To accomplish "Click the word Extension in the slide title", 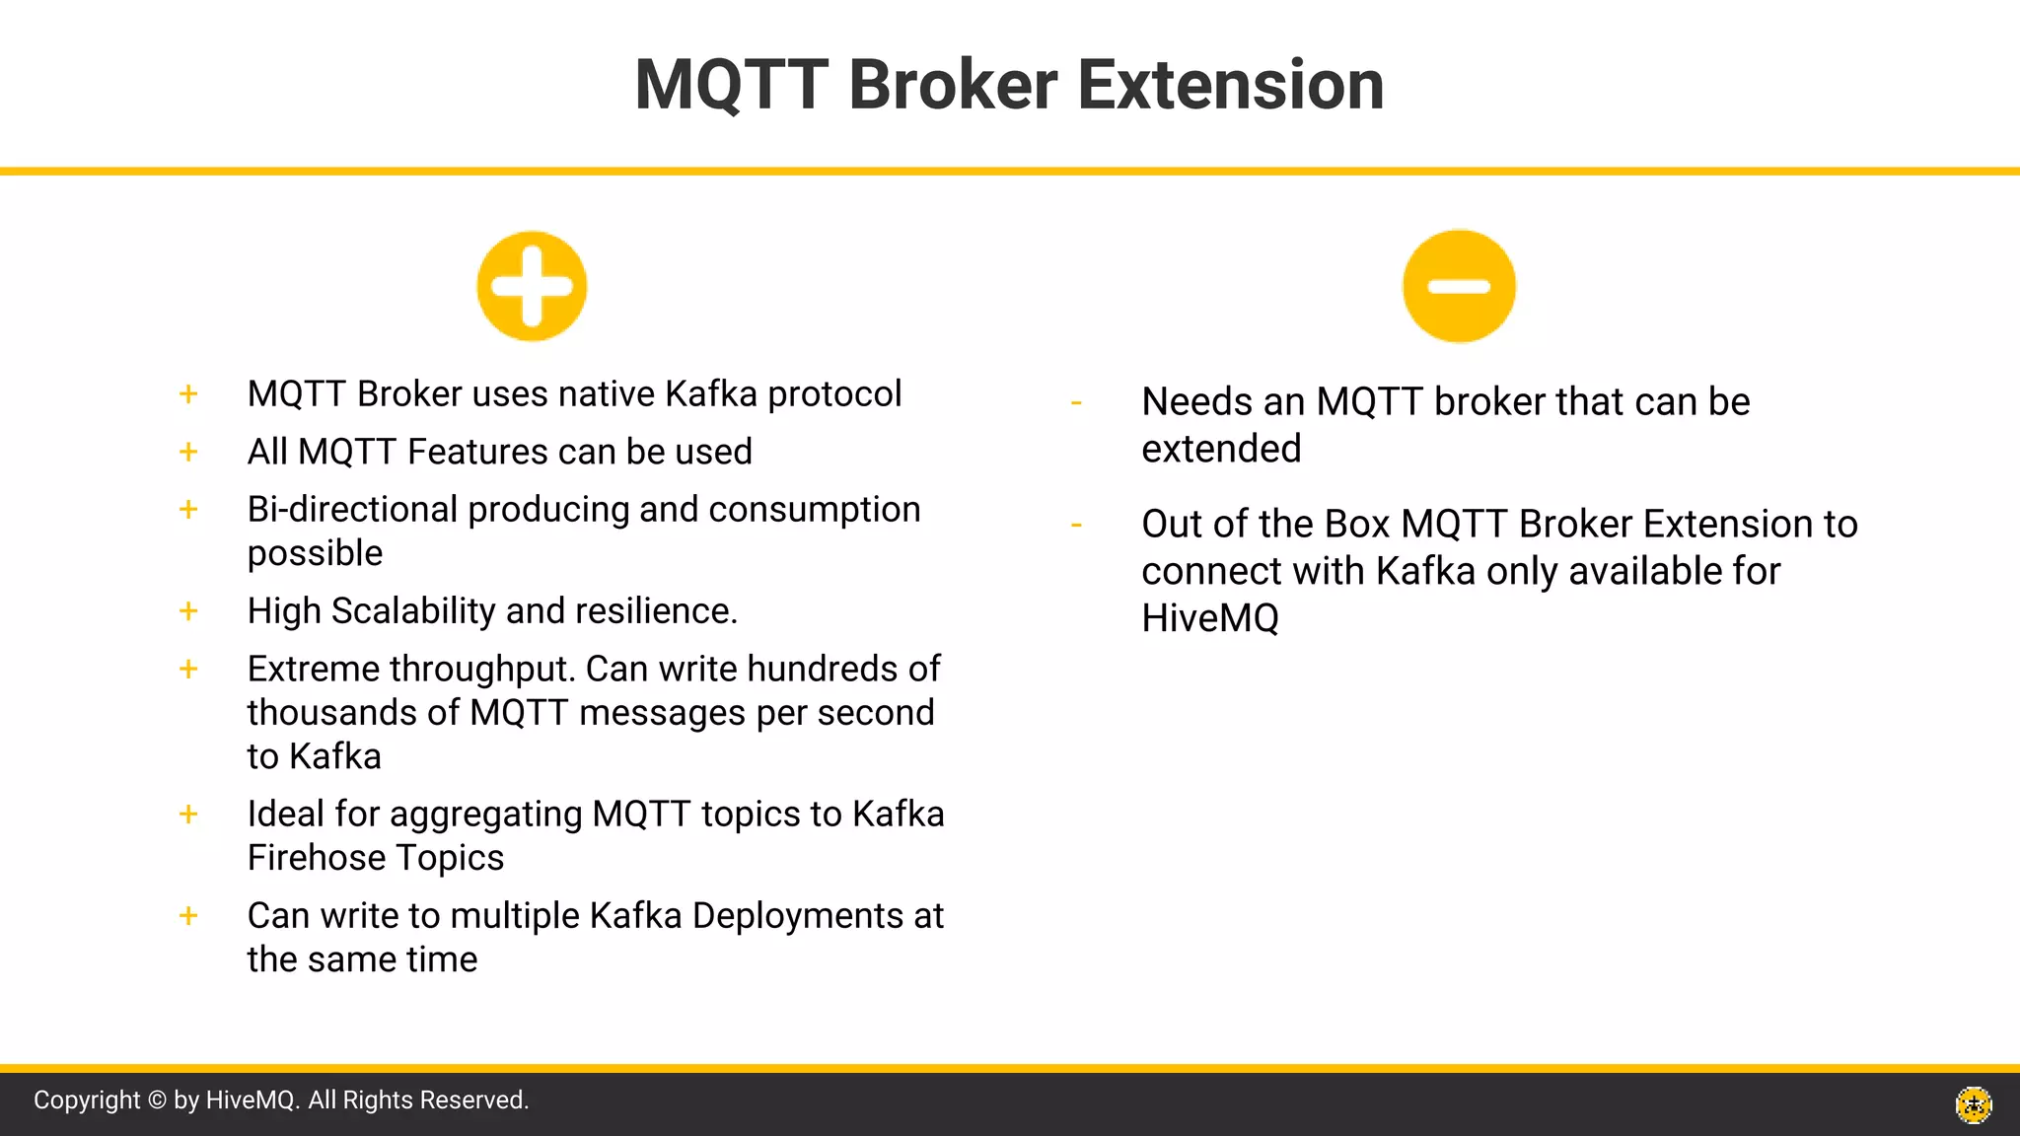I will [x=1231, y=85].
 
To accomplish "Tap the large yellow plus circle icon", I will [x=532, y=287].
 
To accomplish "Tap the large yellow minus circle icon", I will [x=1459, y=287].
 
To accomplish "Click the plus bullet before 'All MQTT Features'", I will [x=188, y=452].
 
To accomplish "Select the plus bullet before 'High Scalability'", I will [x=188, y=611].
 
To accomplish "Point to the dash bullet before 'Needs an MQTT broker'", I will [x=1076, y=403].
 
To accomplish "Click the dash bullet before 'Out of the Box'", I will [x=1076, y=526].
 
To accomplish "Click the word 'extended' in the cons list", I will [x=1221, y=450].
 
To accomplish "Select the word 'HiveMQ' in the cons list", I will [x=1210, y=619].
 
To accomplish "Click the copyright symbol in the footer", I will [x=157, y=1100].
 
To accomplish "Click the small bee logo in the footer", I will [x=1974, y=1104].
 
